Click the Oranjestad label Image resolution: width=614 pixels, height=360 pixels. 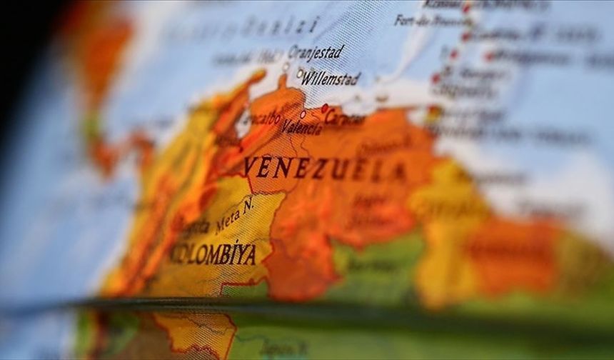pos(316,53)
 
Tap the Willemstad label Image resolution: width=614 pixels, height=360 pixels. pos(330,79)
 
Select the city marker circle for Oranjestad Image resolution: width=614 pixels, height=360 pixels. pos(286,66)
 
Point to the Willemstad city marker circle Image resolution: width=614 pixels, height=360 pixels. pos(300,72)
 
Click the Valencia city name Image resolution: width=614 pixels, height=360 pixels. pos(301,128)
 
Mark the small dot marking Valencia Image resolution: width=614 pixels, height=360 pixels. pos(303,114)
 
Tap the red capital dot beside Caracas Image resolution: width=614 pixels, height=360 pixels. pos(325,108)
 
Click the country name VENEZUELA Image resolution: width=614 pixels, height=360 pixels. pos(324,169)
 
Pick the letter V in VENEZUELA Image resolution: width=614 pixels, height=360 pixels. pos(251,166)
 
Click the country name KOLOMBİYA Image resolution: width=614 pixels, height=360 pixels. pos(213,254)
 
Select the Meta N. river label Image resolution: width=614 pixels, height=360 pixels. pos(235,215)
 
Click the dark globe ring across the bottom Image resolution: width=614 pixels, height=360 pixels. pos(307,306)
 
